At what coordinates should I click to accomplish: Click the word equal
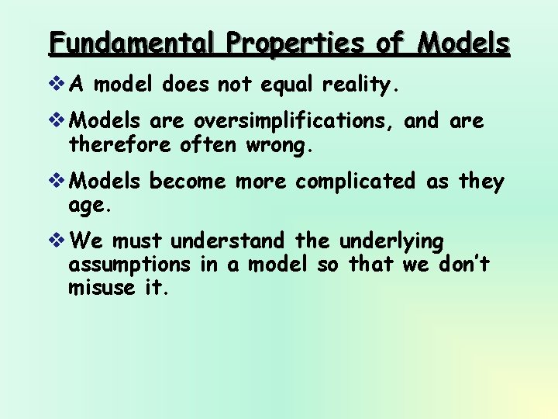[x=274, y=85]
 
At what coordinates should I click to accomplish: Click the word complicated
[x=356, y=182]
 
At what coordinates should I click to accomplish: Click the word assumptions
[x=129, y=265]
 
